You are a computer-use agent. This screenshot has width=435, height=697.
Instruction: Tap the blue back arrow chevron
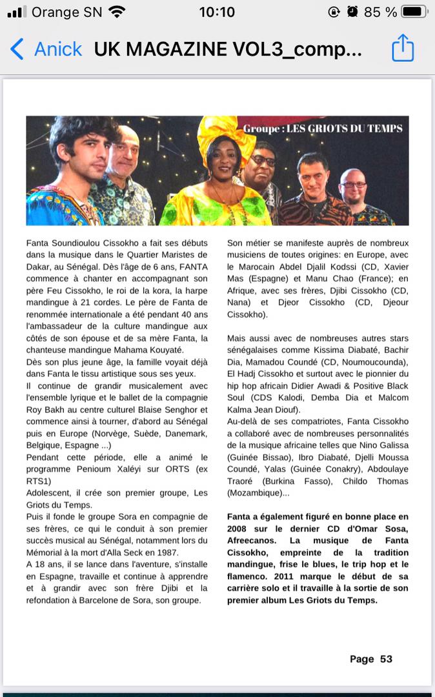[17, 49]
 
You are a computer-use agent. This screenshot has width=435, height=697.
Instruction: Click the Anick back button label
[58, 49]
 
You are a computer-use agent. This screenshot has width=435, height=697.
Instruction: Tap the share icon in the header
[403, 48]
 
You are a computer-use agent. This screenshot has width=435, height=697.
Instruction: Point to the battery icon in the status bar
[414, 12]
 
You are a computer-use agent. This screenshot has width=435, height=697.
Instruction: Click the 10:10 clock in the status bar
[217, 12]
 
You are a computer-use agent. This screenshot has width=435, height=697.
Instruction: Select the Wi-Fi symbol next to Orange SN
[117, 12]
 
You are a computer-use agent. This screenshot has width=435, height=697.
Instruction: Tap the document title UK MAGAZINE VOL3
[228, 49]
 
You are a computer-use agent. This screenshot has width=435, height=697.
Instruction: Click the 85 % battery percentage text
[381, 12]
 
